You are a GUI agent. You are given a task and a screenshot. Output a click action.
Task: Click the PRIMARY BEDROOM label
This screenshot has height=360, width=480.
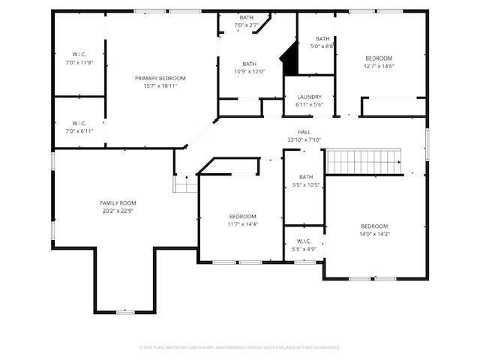[x=160, y=78]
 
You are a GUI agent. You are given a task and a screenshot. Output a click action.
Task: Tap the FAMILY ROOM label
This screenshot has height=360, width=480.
[x=118, y=203]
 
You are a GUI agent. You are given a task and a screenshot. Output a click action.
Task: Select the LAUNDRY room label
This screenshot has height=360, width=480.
[x=309, y=97]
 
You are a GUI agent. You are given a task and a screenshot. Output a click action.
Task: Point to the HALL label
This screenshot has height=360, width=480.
[x=304, y=132]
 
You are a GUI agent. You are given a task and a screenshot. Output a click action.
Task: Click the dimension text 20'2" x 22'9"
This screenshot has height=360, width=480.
[x=118, y=211]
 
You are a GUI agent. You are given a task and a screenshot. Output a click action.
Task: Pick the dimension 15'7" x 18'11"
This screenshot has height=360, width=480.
[x=160, y=85]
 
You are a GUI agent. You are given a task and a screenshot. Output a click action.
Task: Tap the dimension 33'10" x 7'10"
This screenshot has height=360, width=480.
[x=304, y=139]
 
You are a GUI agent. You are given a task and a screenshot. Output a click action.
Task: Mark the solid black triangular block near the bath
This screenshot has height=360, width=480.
[x=289, y=58]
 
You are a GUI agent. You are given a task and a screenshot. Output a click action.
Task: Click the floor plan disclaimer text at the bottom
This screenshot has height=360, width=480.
[x=240, y=347]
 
